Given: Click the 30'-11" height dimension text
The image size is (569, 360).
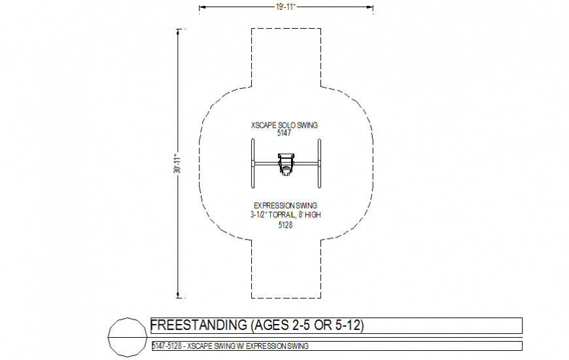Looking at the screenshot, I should click(x=177, y=164).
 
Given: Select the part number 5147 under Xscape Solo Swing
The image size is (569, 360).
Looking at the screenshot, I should click(x=284, y=132).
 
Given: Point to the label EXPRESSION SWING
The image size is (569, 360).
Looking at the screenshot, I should click(x=285, y=205).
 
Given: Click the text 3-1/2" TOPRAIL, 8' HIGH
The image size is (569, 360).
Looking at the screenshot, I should click(x=285, y=214).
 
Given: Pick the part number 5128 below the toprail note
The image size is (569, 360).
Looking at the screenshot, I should click(x=285, y=225).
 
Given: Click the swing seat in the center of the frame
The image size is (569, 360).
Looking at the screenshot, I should click(x=285, y=164).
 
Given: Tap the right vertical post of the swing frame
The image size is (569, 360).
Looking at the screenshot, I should click(x=319, y=164).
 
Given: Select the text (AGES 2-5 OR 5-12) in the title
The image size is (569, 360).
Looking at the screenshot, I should click(x=306, y=325).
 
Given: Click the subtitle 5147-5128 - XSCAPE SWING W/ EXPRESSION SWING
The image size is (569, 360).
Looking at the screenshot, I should click(x=230, y=346).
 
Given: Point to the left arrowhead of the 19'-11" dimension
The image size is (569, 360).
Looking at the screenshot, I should click(x=201, y=7).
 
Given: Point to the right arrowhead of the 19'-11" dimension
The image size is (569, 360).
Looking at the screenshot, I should click(x=371, y=7).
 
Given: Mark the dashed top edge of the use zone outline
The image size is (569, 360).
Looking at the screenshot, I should click(x=286, y=29).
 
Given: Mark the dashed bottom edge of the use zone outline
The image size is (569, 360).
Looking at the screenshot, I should click(x=286, y=299).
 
